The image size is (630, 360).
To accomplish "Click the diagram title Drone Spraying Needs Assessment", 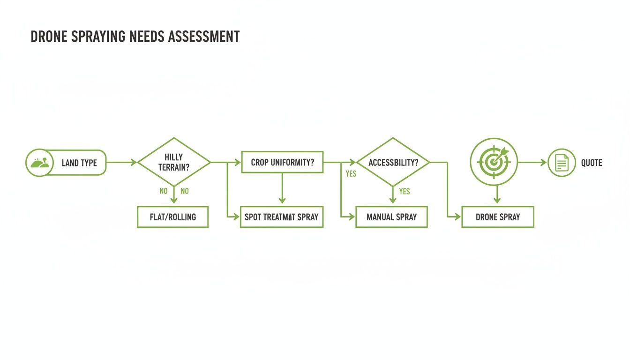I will [135, 37].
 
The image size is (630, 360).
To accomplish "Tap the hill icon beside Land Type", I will [37, 163].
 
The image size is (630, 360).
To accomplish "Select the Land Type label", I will [79, 163].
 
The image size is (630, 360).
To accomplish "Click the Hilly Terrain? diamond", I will [174, 162].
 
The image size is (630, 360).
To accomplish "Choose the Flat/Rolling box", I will [172, 217].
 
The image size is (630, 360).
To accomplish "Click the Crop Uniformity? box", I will [282, 162].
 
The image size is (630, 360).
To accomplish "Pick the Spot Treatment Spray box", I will [281, 217].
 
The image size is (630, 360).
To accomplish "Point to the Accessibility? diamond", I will [393, 162].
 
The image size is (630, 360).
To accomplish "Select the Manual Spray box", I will [391, 217].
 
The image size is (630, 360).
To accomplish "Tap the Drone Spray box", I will [497, 217].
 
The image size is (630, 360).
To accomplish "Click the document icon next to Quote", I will [561, 163].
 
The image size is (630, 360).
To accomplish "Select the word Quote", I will [592, 163].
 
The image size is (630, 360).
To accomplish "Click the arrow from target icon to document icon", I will [532, 162].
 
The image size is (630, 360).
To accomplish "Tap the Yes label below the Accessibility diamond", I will [404, 191].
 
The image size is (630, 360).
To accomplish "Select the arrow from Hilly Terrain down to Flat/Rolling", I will [174, 196].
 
